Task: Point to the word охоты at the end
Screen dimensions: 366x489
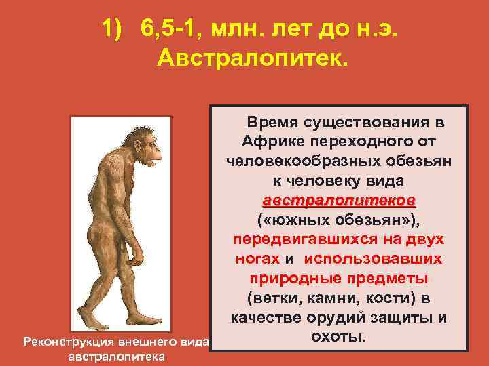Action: click(338, 335)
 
